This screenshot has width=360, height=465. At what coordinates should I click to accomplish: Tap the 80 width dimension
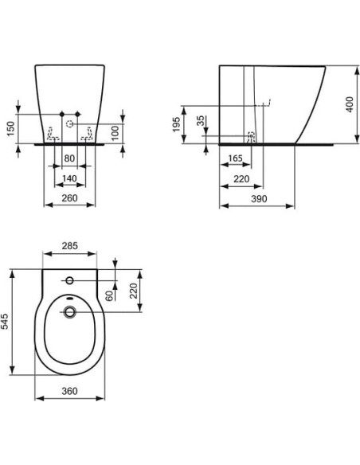coord(69,157)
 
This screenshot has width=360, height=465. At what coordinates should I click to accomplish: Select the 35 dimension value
coord(201,123)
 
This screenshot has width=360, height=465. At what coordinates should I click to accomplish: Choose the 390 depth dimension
coord(257,197)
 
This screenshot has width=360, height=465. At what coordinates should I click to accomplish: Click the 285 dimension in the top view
coord(70,247)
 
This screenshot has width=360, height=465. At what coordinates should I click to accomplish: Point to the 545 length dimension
coord(6,322)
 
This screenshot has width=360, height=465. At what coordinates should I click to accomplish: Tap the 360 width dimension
coord(69,392)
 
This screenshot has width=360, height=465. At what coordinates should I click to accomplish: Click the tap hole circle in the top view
coord(69,280)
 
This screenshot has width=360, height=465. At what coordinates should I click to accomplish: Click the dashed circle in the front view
coord(70,124)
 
